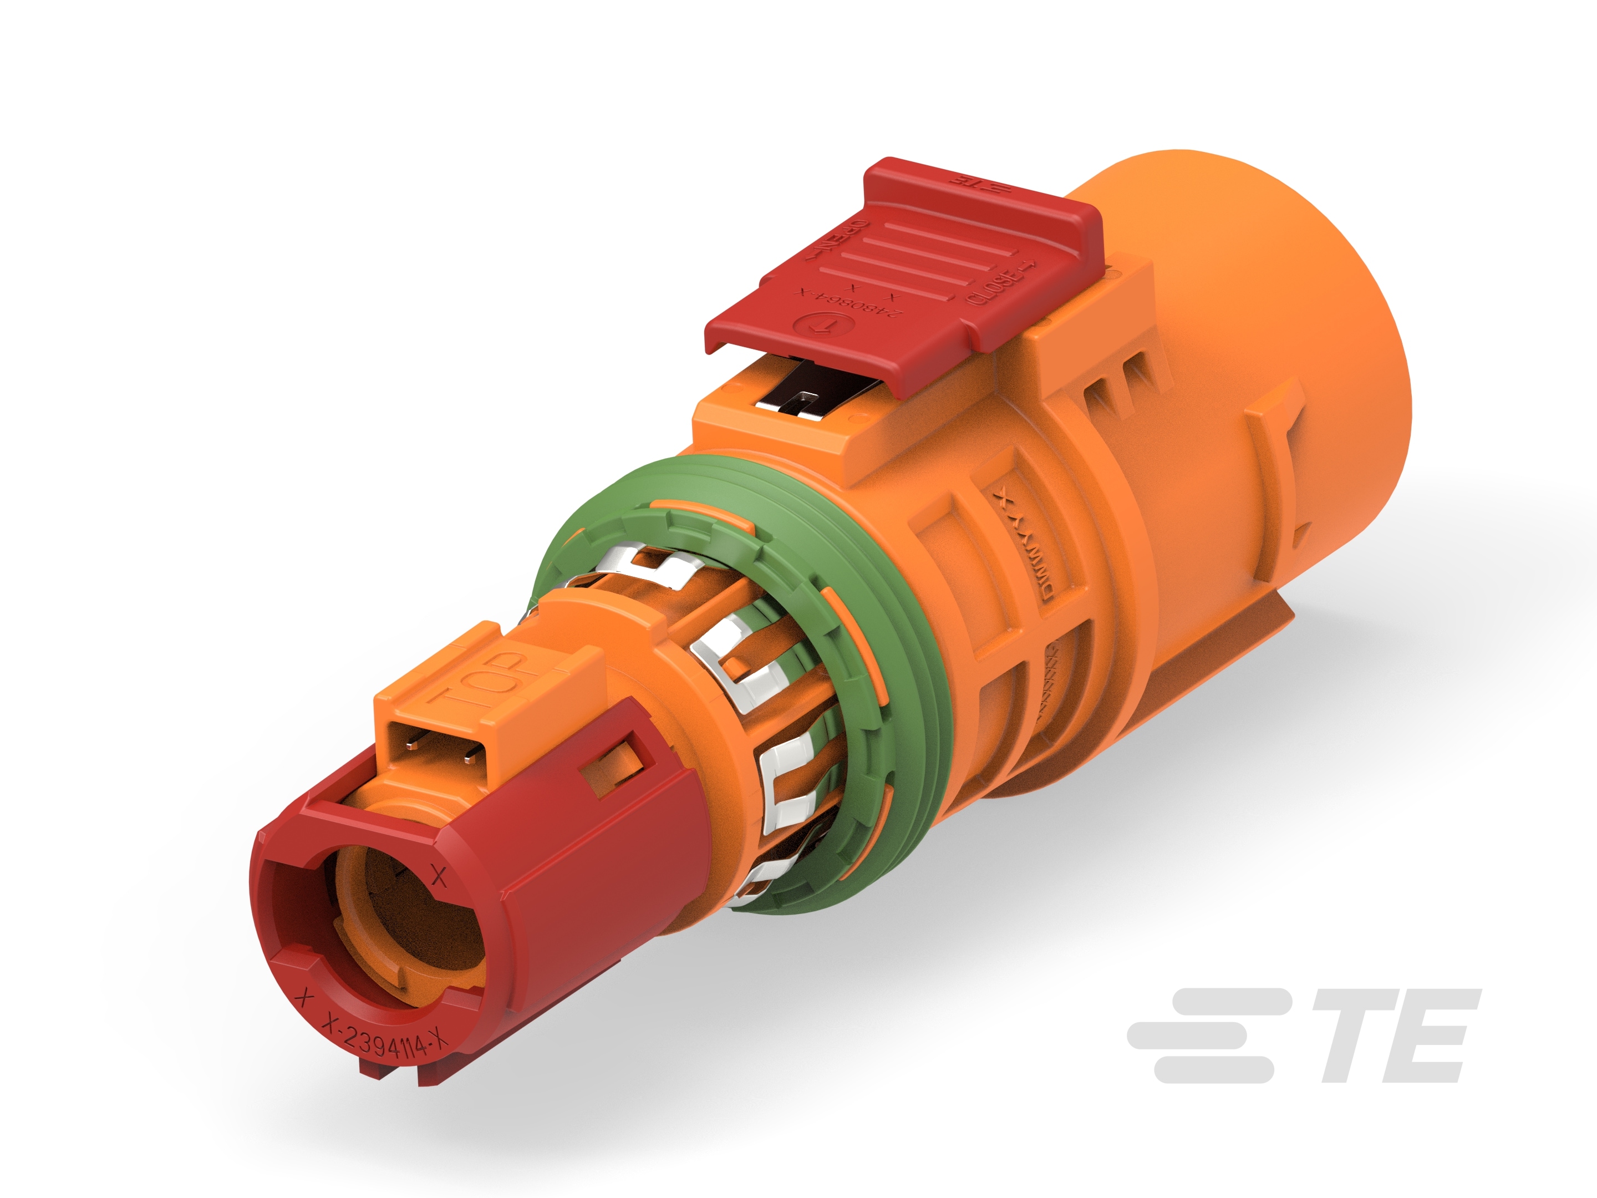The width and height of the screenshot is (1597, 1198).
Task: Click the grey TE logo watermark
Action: [x=1304, y=1035]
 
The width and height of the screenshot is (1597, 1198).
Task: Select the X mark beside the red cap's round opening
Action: [x=438, y=877]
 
